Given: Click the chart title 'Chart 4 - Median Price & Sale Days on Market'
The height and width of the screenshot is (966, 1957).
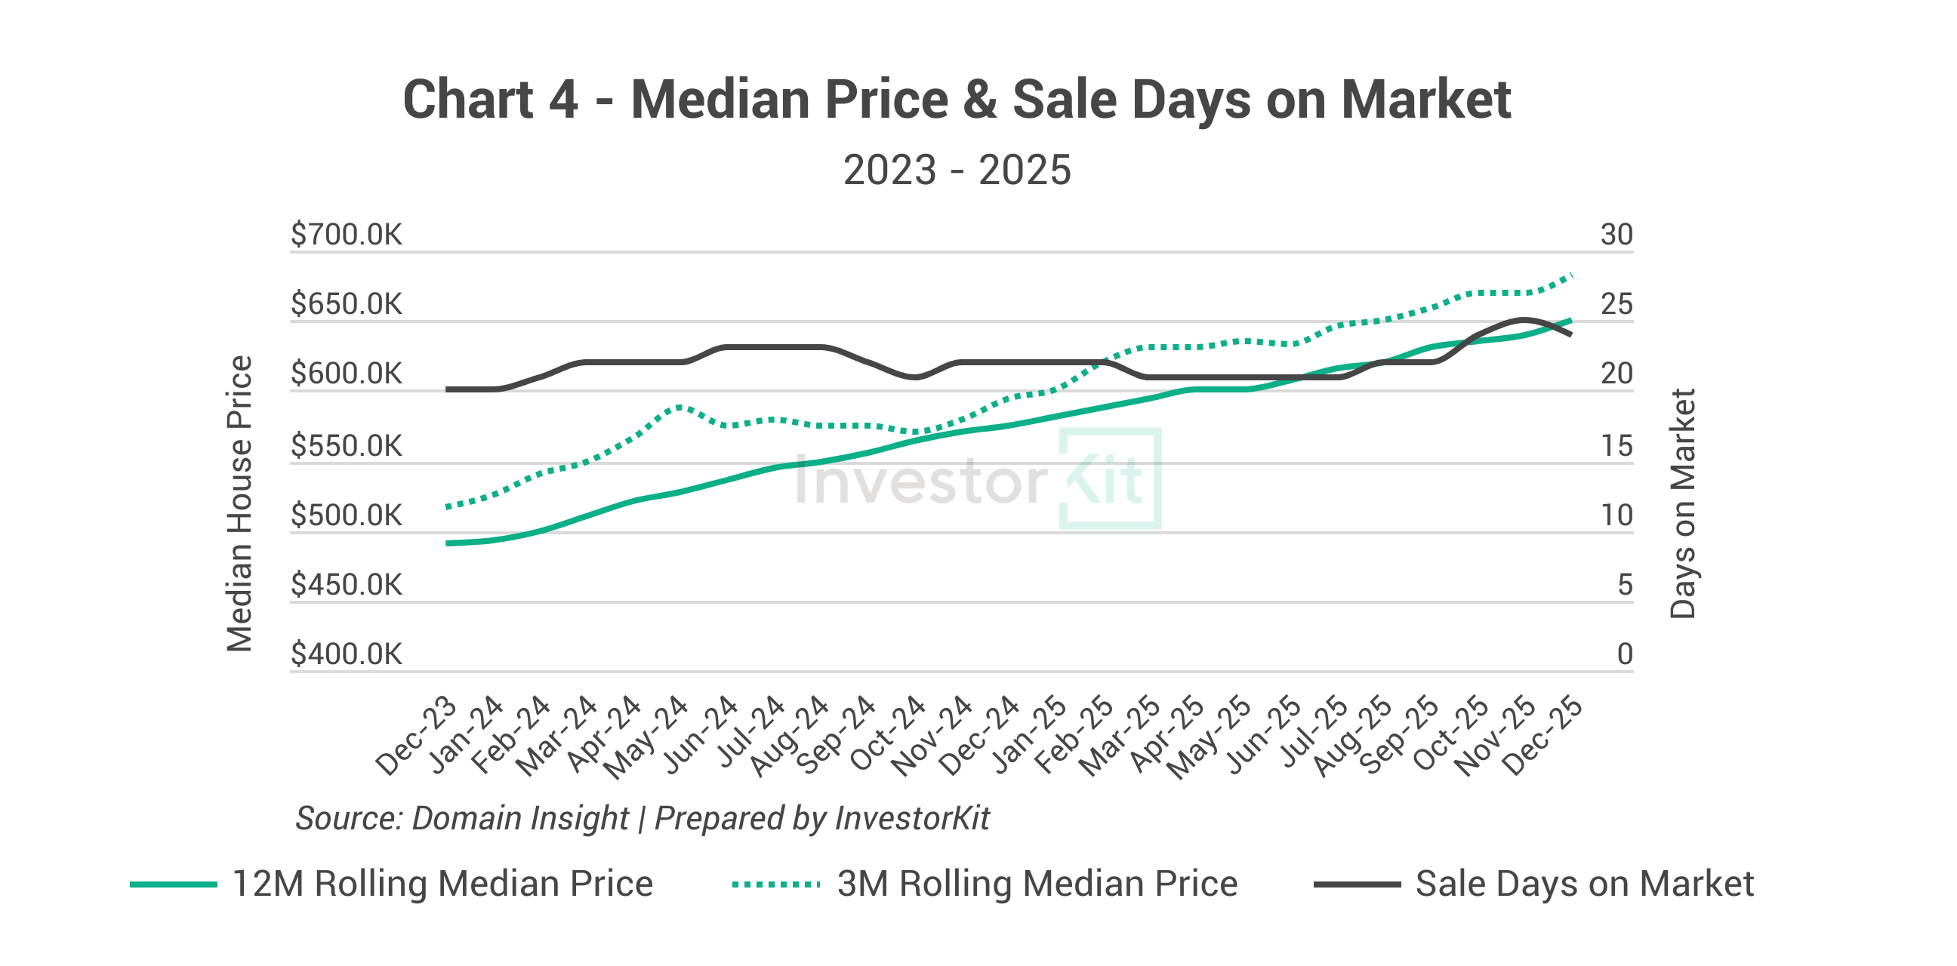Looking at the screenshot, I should click(x=957, y=100).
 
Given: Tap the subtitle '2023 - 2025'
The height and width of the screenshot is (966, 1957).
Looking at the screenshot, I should click(x=957, y=169).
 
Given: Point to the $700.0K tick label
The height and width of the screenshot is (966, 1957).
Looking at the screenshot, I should click(x=347, y=235).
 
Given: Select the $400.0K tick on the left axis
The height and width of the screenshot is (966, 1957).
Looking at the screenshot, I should click(x=347, y=654).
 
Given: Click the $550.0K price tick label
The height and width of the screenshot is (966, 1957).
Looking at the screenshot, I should click(x=347, y=446).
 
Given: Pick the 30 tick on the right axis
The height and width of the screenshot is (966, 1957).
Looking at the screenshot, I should click(x=1616, y=235).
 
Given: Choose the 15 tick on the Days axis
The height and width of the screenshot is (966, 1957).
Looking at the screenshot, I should click(x=1616, y=446).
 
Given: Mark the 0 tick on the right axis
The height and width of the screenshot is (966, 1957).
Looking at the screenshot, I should click(x=1624, y=654).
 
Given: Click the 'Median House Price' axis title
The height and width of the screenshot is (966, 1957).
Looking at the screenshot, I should click(x=240, y=503).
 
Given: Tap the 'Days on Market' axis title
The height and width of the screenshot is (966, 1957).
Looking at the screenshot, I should click(x=1682, y=503).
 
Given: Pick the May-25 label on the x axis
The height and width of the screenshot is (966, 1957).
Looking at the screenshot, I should click(x=1210, y=736).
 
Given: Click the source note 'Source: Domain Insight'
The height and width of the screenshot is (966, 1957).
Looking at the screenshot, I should click(x=462, y=818).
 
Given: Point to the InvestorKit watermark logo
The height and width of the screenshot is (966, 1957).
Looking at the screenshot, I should click(x=977, y=479).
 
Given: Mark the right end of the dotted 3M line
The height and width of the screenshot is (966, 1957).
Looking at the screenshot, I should click(x=1570, y=275).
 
